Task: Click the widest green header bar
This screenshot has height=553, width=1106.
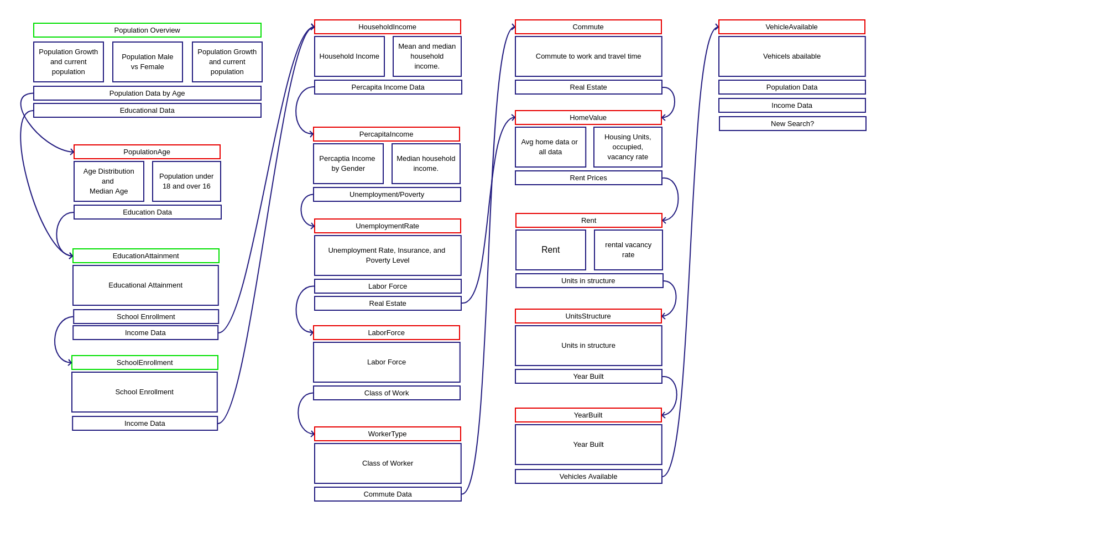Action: coord(147,30)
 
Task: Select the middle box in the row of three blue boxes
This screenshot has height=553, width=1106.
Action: coord(148,62)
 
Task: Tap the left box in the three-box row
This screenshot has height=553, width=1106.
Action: coord(69,62)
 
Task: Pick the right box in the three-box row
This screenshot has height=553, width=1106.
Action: coord(227,62)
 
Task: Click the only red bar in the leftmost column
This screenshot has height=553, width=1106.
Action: coord(147,152)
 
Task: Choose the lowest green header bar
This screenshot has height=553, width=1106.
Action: coord(145,362)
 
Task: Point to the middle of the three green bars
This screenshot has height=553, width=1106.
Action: coord(146,255)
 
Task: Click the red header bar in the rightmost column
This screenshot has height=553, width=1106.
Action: coord(792,27)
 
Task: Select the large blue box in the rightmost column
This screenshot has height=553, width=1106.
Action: coord(792,56)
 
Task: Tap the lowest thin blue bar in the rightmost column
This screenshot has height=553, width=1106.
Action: coord(792,123)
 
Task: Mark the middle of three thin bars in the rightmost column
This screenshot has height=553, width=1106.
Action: coord(792,105)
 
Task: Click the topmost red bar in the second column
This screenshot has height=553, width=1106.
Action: coord(388,27)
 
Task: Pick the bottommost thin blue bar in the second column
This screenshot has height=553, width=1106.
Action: coord(388,494)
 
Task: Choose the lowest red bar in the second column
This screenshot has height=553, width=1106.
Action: coord(388,434)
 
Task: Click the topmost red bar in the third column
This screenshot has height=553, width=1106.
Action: coord(588,27)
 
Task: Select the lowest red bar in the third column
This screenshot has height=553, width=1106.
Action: coord(588,415)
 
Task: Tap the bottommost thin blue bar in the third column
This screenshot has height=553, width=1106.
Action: coord(588,476)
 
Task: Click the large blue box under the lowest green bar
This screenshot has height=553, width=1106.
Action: coord(144,392)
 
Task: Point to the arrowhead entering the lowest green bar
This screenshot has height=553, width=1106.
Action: coord(70,363)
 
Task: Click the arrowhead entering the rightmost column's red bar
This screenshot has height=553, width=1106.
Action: coord(717,27)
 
